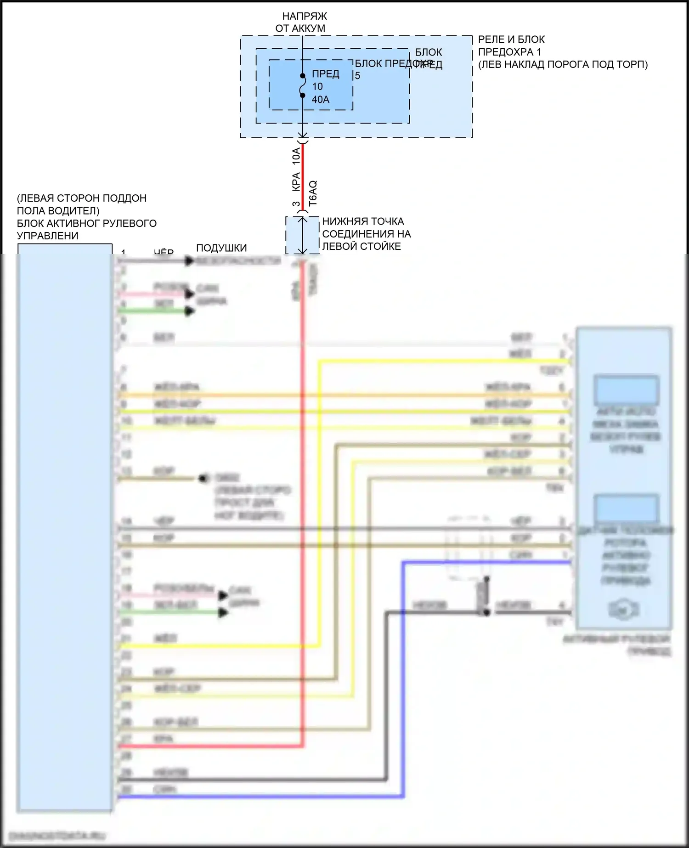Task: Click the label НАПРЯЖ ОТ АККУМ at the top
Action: click(301, 22)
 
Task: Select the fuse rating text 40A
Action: click(321, 100)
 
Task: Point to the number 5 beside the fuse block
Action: click(357, 76)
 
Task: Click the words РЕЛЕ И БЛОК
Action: click(511, 40)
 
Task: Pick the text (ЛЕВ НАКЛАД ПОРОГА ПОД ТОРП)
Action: click(563, 64)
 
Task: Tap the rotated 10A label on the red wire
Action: click(296, 156)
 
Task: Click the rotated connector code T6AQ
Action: click(313, 193)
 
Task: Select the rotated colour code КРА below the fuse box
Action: click(296, 182)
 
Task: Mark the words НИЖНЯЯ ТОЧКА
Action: click(363, 221)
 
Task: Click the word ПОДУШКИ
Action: click(221, 248)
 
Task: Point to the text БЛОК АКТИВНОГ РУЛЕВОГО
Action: click(87, 223)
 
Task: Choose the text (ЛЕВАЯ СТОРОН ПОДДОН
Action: click(82, 198)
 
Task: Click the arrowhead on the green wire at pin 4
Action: click(190, 311)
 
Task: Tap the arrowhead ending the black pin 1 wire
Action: click(189, 261)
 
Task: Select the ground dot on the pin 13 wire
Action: click(203, 479)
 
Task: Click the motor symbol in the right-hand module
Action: click(623, 610)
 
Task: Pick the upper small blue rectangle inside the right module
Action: click(626, 390)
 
